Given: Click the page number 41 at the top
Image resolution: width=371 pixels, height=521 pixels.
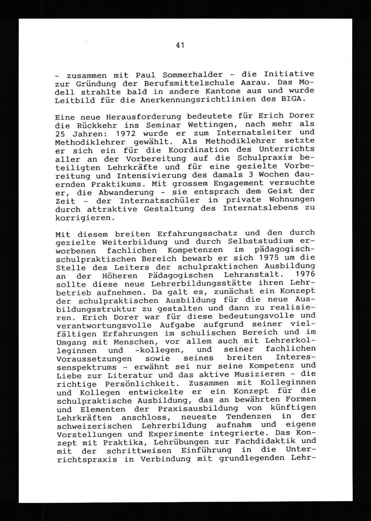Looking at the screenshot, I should click(180, 45).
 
